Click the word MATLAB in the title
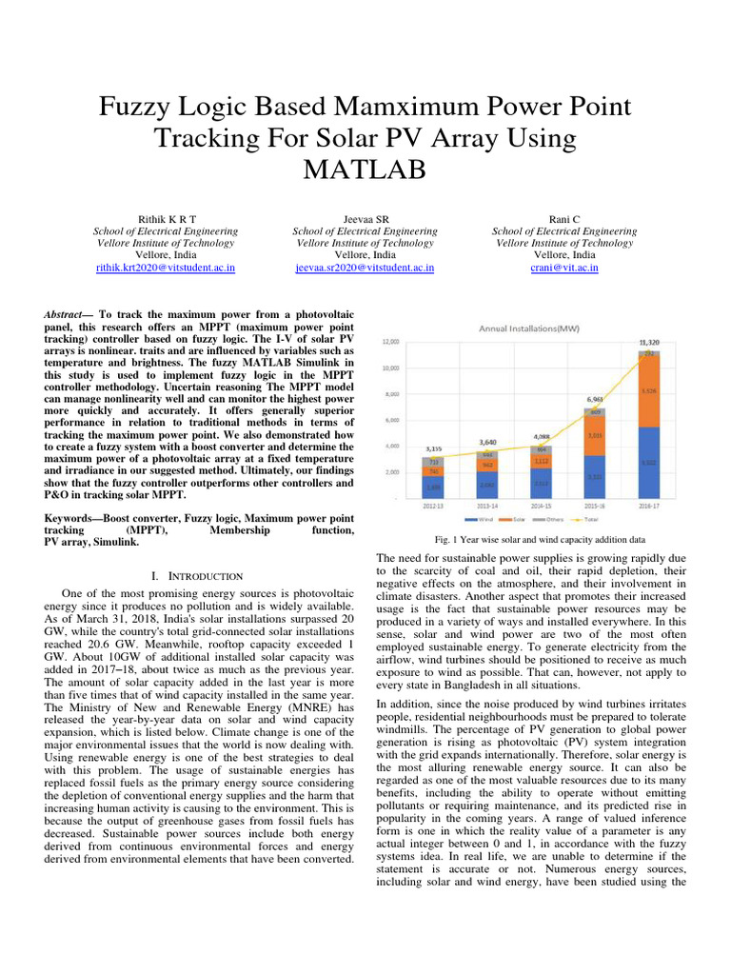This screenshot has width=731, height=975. click(x=365, y=171)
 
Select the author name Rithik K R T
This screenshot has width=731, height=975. click(x=166, y=218)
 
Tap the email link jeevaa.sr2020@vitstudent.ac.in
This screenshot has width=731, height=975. click(x=365, y=269)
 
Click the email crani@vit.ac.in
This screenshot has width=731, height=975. click(x=564, y=269)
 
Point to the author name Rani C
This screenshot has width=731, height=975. click(x=564, y=218)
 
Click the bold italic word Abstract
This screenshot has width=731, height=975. click(x=68, y=314)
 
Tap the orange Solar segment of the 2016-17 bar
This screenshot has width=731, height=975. click(x=648, y=391)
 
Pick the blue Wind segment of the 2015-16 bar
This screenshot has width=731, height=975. click(x=593, y=476)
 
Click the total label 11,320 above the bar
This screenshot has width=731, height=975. click(x=648, y=342)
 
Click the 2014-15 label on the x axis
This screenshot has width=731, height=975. click(x=541, y=506)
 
